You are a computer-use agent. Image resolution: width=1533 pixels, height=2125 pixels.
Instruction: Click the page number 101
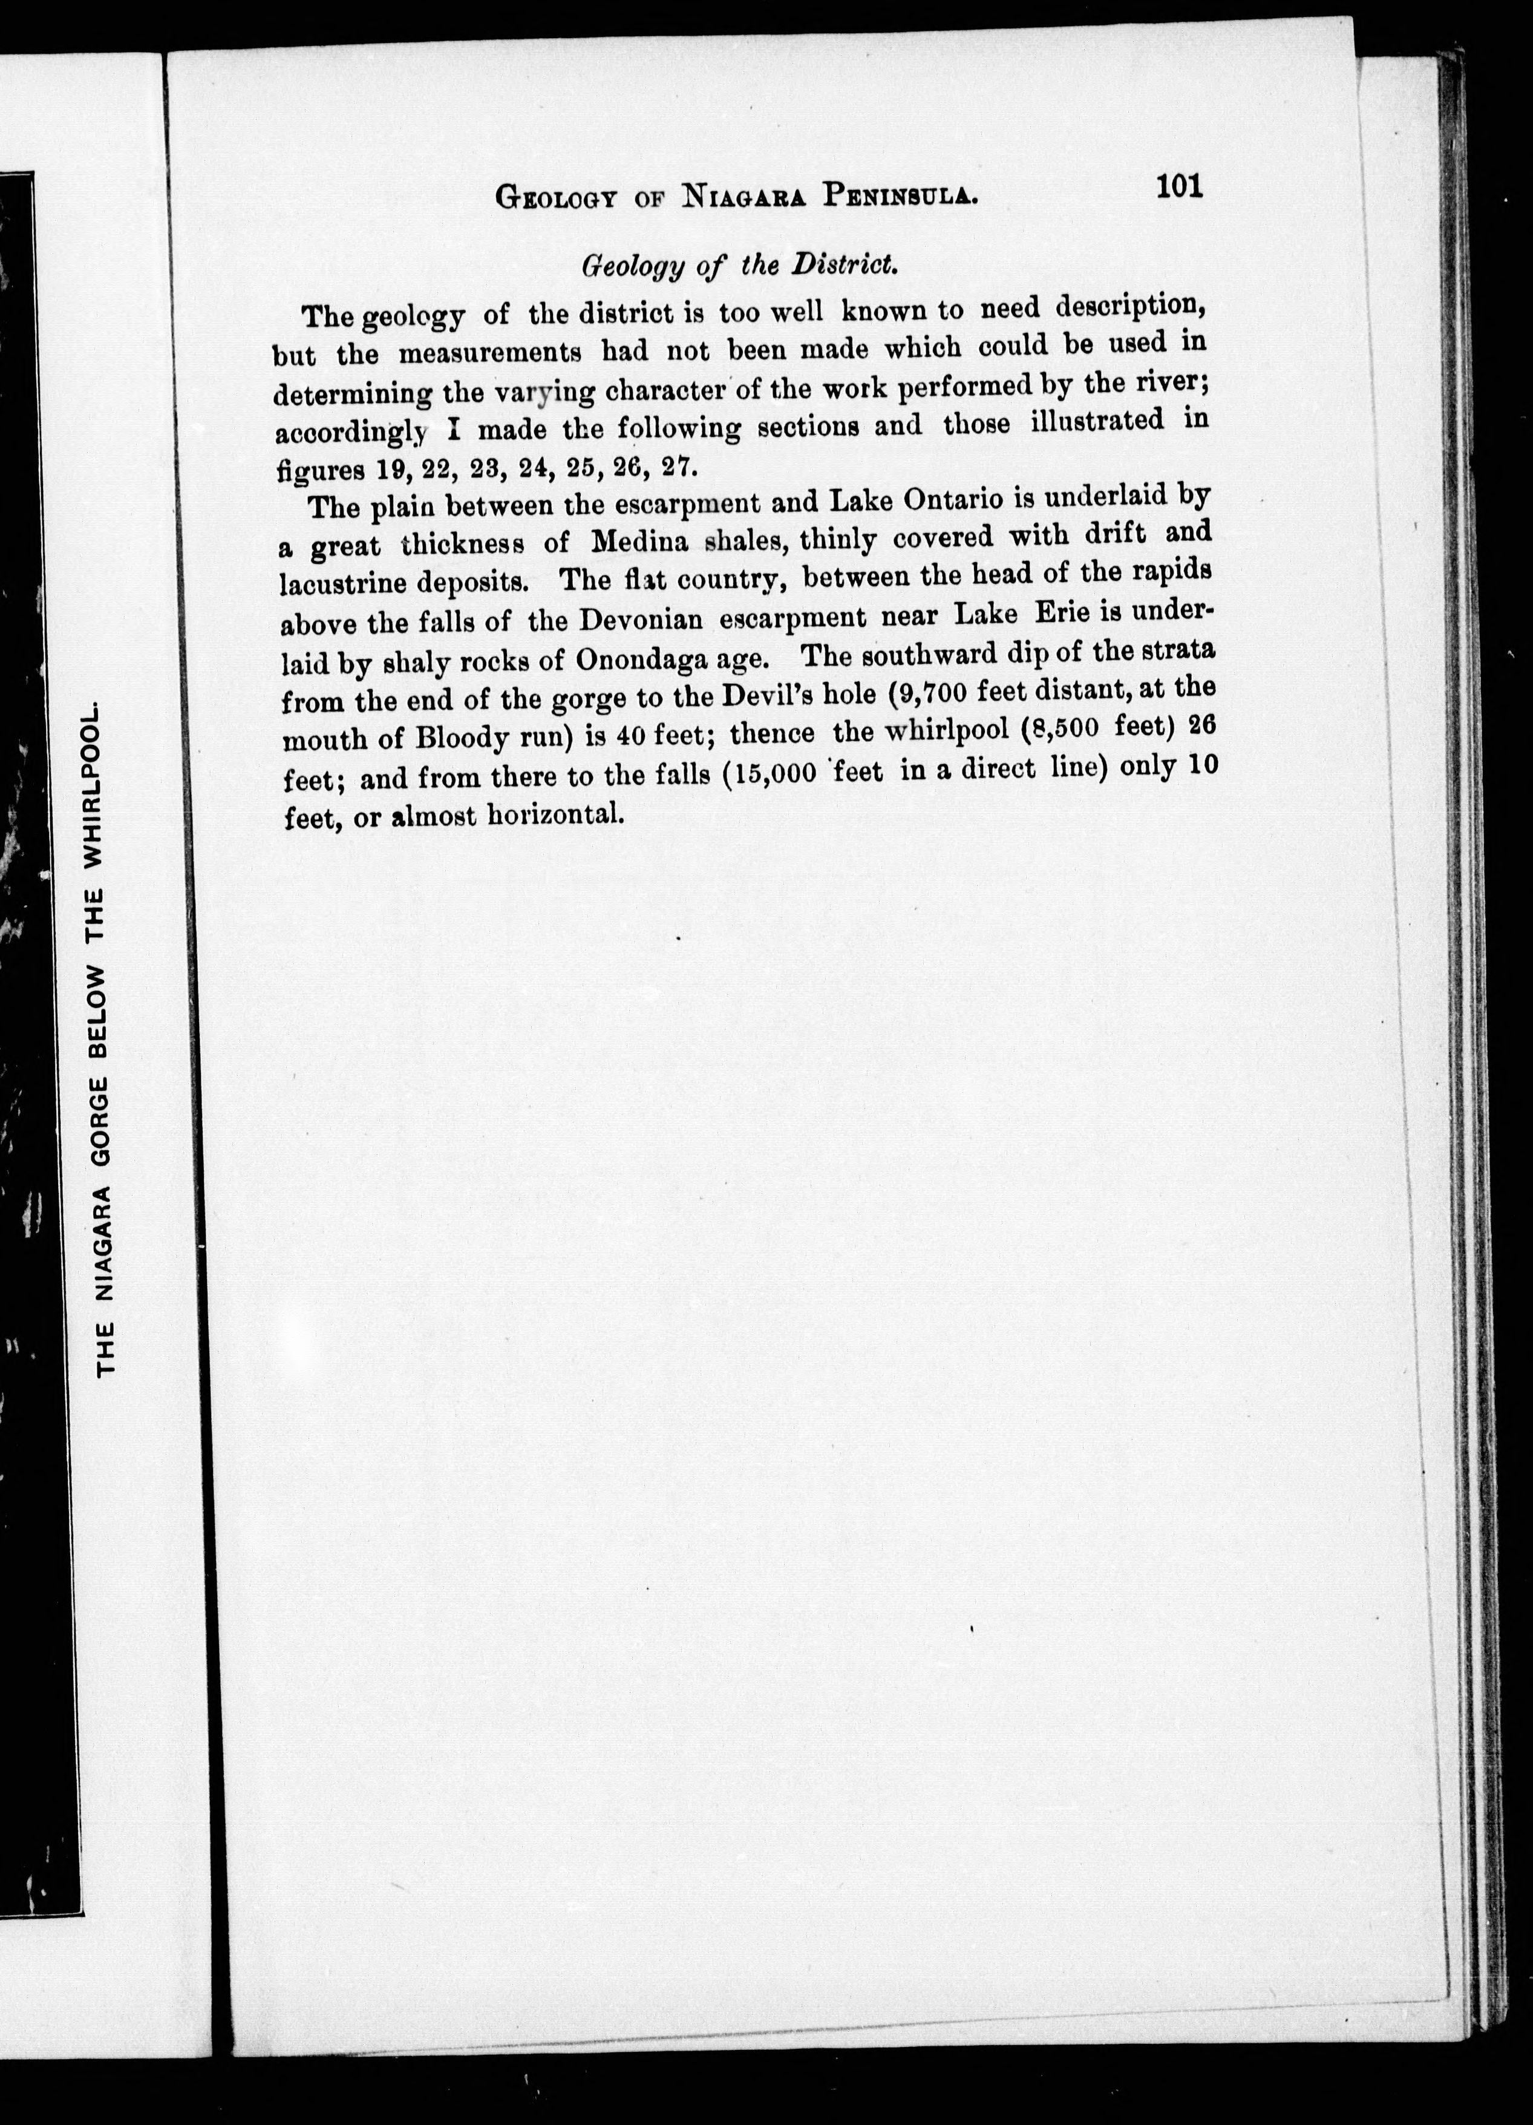pos(1179,186)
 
